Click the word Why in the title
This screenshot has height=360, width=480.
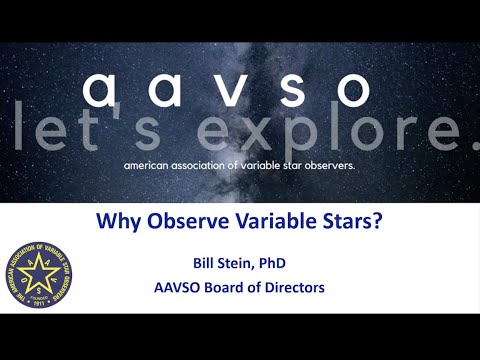coord(114,223)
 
